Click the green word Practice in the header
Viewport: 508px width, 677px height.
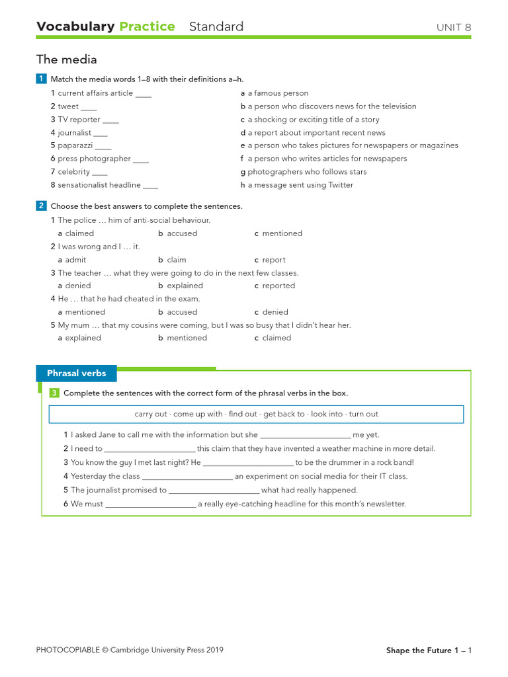coord(147,27)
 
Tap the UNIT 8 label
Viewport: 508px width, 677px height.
coord(454,28)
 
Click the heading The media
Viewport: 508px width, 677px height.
coord(66,60)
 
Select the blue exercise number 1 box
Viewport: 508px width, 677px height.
coord(41,79)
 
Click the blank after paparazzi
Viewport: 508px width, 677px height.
coord(103,146)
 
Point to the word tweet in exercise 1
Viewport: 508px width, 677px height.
coord(68,106)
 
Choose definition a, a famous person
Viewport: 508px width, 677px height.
coord(278,93)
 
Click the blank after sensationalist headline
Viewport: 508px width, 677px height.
coord(150,186)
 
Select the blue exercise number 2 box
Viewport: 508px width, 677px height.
coord(41,206)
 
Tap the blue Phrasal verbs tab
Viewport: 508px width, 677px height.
coord(76,374)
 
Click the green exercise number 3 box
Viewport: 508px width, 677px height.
coord(54,393)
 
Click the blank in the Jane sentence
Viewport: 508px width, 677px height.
coord(305,436)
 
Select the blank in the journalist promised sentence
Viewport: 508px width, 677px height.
coord(214,491)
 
